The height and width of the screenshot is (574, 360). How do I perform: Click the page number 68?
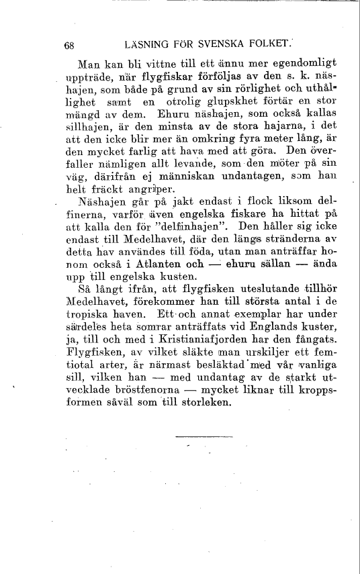[68, 46]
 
